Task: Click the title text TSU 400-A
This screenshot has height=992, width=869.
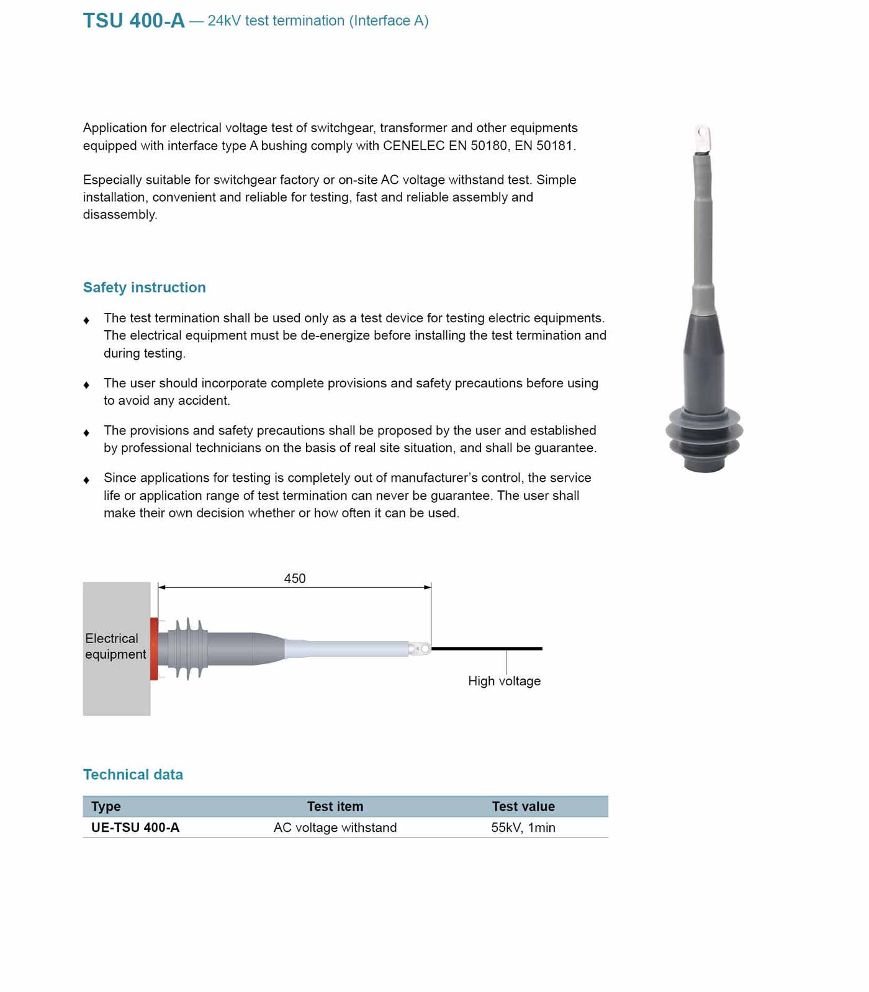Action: point(133,21)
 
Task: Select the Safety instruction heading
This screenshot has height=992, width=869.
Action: point(144,287)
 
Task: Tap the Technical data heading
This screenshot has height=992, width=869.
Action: point(133,775)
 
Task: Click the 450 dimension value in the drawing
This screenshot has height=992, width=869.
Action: point(294,579)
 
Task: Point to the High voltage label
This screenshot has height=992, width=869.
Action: point(504,681)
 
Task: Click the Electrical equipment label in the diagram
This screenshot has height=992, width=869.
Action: point(115,646)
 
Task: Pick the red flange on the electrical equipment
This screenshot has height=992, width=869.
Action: point(154,649)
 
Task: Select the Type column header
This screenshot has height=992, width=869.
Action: point(106,806)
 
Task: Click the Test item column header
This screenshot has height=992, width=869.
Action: point(335,806)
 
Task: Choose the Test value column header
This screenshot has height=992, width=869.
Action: point(523,806)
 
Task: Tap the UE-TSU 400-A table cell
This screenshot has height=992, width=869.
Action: point(135,827)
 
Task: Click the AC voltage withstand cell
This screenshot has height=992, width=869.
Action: point(335,827)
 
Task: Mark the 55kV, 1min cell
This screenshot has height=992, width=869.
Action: point(523,827)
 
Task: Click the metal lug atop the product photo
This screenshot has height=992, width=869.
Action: point(703,138)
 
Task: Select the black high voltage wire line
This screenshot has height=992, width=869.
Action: point(487,649)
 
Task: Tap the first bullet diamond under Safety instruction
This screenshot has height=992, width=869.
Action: point(86,320)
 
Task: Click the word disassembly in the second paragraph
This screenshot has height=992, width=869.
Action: point(120,215)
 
